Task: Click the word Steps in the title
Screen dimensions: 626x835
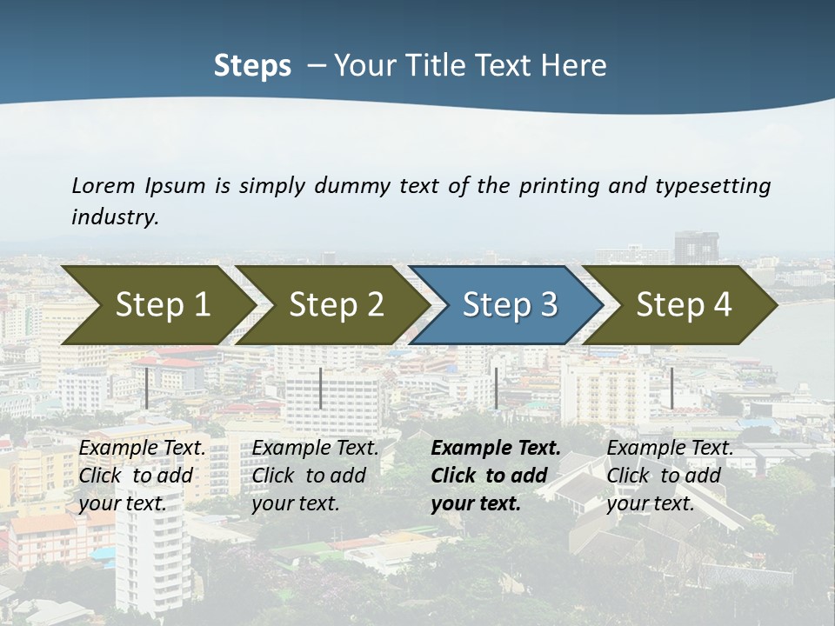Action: (x=252, y=66)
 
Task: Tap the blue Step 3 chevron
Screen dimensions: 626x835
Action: (x=509, y=304)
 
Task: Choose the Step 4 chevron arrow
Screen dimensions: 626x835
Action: (x=684, y=304)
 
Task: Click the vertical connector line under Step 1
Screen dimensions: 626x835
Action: (x=147, y=388)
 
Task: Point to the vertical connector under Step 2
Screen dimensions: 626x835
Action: (x=321, y=388)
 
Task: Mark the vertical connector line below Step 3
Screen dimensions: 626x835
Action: (x=496, y=388)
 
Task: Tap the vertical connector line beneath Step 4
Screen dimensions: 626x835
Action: (x=671, y=388)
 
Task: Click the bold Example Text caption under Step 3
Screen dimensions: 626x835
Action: (x=495, y=476)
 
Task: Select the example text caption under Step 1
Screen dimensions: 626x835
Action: (x=142, y=476)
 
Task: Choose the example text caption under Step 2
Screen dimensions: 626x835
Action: (x=315, y=476)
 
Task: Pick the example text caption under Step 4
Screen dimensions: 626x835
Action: (x=670, y=476)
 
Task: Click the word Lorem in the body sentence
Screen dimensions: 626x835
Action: (x=103, y=185)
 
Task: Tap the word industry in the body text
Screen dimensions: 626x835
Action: (x=115, y=217)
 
